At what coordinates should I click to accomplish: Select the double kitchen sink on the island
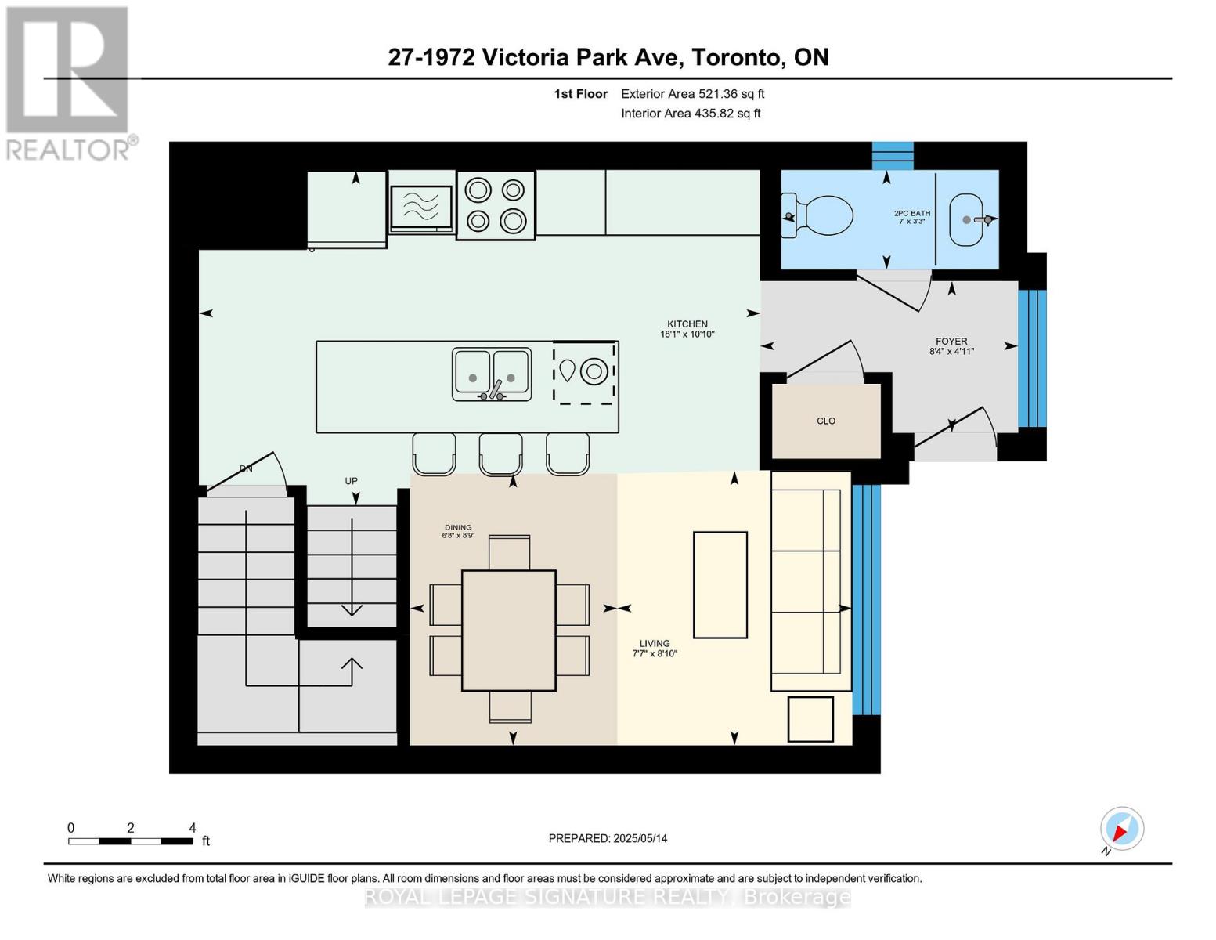(492, 374)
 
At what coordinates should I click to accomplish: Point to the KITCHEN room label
(687, 324)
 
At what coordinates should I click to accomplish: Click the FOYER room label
(951, 342)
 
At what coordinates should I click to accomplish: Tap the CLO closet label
(826, 421)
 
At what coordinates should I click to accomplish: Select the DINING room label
(458, 528)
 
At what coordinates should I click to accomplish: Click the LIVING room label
(655, 644)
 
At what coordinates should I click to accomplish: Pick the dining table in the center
(509, 631)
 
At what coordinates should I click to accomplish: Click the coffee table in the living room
(720, 584)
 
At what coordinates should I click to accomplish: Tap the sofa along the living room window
(810, 580)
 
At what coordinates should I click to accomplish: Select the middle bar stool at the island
(500, 454)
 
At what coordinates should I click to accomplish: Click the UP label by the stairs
(352, 482)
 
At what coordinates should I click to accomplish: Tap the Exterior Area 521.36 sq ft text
(692, 94)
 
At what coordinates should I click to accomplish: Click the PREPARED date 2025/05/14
(608, 838)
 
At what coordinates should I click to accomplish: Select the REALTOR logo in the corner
(68, 82)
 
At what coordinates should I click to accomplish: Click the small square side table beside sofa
(810, 719)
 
